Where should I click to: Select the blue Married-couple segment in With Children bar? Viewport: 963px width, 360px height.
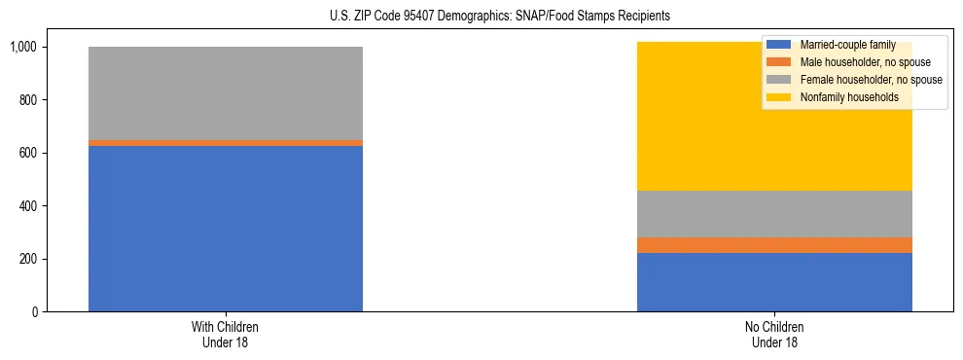click(226, 229)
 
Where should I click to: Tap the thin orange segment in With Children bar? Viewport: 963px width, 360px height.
click(226, 143)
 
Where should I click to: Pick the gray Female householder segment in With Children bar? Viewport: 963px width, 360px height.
click(226, 93)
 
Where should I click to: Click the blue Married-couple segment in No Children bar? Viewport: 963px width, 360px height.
click(774, 282)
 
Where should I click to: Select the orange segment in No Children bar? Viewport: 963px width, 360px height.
click(774, 245)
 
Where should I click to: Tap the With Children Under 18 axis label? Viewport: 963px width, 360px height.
click(226, 335)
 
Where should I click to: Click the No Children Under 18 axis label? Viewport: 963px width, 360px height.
click(774, 335)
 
